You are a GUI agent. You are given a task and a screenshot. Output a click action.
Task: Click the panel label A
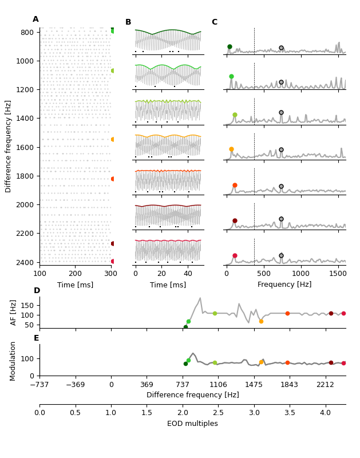click(x=35, y=19)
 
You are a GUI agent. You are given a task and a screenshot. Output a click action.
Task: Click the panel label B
click(x=128, y=22)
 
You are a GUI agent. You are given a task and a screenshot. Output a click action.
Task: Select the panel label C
click(x=215, y=22)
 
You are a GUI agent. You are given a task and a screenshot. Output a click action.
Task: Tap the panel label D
click(x=37, y=291)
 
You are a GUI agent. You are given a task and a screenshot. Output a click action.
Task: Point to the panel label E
click(x=37, y=338)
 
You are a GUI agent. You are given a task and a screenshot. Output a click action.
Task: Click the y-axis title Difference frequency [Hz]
click(x=9, y=146)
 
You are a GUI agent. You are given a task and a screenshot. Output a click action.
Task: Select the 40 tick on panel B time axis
click(x=188, y=274)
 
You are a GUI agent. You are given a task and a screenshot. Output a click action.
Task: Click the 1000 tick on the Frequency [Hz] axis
click(x=300, y=274)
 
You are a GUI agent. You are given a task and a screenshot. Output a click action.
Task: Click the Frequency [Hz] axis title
click(x=284, y=285)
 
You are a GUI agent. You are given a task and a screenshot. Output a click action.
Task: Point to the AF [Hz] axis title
click(x=14, y=312)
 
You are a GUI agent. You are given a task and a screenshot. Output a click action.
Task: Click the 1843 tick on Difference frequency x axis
click(x=289, y=385)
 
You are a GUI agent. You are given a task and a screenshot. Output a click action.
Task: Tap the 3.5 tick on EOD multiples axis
click(x=289, y=412)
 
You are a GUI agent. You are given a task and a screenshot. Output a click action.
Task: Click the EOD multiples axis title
click(x=192, y=424)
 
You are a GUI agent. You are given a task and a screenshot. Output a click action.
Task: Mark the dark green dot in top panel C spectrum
click(x=230, y=47)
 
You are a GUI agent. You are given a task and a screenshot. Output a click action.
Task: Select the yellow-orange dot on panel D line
click(x=261, y=321)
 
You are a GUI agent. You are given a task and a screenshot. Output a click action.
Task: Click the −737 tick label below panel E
click(x=39, y=385)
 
